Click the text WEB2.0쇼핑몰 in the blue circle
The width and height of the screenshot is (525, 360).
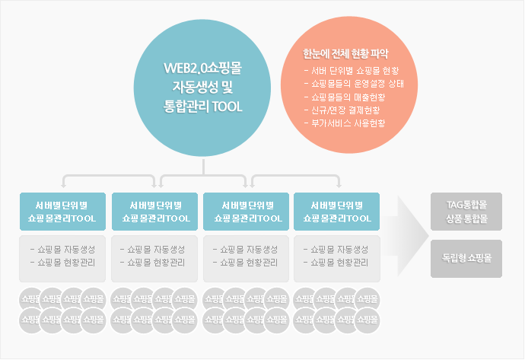coord(203,68)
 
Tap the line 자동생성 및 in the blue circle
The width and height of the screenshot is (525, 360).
coord(203,87)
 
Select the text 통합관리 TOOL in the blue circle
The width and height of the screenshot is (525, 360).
coord(203,106)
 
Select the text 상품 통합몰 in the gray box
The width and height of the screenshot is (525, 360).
coord(466,218)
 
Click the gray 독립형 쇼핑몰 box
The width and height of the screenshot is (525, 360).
coord(466,257)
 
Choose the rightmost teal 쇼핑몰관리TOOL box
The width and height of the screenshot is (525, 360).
coord(336,212)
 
